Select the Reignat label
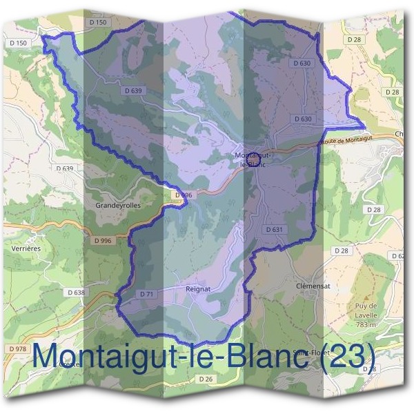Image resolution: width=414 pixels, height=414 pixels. (198, 289)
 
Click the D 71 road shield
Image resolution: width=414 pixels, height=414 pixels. (146, 294)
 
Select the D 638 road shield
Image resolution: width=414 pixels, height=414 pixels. (76, 293)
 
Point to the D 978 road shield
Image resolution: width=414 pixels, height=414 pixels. (18, 349)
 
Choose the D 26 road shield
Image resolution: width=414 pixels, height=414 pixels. (206, 379)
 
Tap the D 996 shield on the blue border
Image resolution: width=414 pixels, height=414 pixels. (182, 195)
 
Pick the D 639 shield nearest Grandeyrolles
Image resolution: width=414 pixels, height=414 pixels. (63, 168)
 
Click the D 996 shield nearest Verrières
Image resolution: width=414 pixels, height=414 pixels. (101, 240)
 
